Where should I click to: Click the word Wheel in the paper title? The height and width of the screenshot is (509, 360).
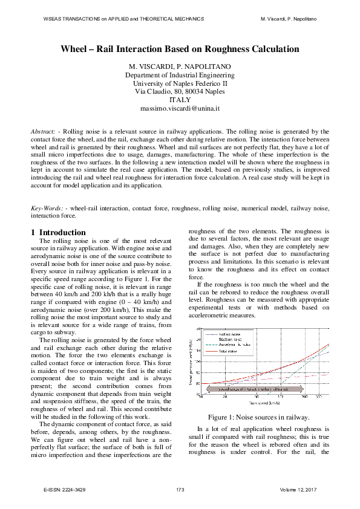pyautogui.click(x=77, y=49)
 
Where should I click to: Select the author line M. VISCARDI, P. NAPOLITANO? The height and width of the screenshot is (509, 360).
pyautogui.click(x=180, y=66)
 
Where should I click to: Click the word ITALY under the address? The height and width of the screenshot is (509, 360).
pyautogui.click(x=180, y=100)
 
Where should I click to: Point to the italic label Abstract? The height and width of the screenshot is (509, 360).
pyautogui.click(x=44, y=131)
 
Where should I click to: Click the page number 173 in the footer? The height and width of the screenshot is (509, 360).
pyautogui.click(x=180, y=488)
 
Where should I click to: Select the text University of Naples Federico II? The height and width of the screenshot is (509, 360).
pyautogui.click(x=180, y=83)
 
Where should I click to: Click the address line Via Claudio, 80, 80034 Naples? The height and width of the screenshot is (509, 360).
pyautogui.click(x=180, y=92)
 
